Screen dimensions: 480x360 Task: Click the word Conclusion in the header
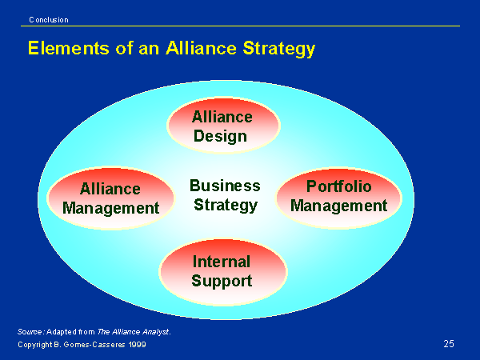pyautogui.click(x=49, y=20)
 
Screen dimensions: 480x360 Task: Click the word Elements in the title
pyautogui.click(x=69, y=48)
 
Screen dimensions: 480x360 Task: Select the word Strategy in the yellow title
pyautogui.click(x=279, y=49)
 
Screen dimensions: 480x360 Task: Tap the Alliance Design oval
pyautogui.click(x=223, y=126)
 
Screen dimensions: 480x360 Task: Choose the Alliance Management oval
pyautogui.click(x=110, y=198)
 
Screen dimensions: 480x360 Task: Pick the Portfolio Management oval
pyautogui.click(x=338, y=198)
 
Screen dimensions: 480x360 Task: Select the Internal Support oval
pyautogui.click(x=222, y=272)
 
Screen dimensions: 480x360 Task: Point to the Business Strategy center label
pyautogui.click(x=225, y=195)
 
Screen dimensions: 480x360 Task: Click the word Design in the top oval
pyautogui.click(x=221, y=136)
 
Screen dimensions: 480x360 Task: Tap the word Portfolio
pyautogui.click(x=339, y=186)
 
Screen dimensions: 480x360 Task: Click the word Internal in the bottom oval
pyautogui.click(x=222, y=262)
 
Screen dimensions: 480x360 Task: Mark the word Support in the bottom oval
pyautogui.click(x=222, y=282)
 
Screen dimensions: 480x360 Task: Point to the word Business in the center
pyautogui.click(x=225, y=186)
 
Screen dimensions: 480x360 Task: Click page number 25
pyautogui.click(x=449, y=344)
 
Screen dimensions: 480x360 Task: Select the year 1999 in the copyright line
pyautogui.click(x=137, y=345)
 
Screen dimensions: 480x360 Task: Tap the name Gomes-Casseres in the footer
pyautogui.click(x=94, y=345)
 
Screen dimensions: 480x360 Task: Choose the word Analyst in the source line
pyautogui.click(x=157, y=332)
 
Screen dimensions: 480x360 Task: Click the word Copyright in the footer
pyautogui.click(x=35, y=345)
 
